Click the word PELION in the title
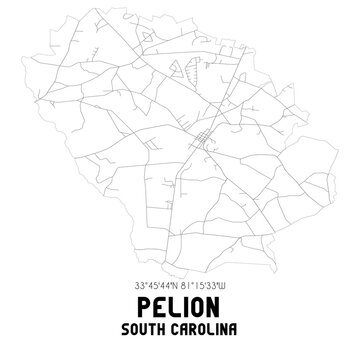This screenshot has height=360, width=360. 180,305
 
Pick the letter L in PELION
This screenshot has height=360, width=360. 170,305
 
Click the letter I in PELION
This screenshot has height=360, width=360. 186,305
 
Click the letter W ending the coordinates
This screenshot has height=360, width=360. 235,282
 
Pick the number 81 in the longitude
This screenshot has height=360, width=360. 190,282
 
